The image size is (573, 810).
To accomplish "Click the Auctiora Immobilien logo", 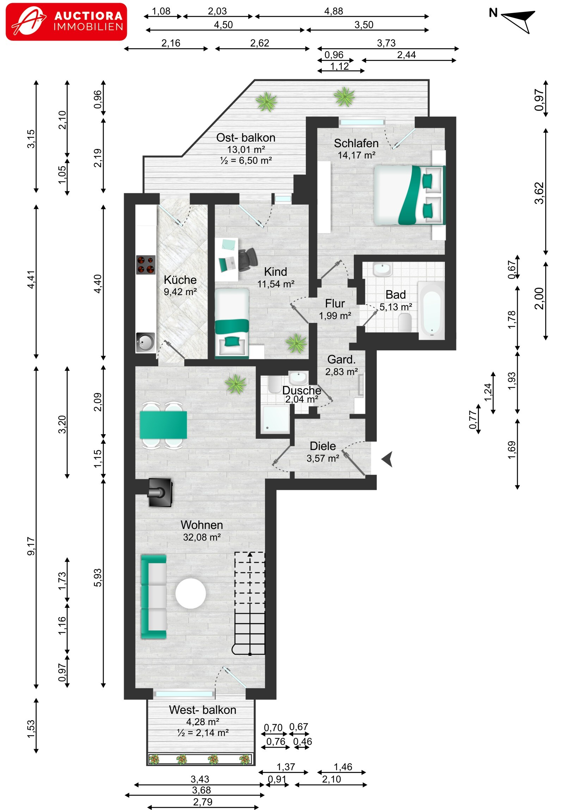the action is tap(66, 22).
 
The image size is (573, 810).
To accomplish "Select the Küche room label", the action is tap(180, 280).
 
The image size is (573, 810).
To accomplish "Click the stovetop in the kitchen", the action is tap(146, 264).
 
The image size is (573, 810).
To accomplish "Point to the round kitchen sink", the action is tap(146, 342).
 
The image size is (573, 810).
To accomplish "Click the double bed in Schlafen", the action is tap(409, 195).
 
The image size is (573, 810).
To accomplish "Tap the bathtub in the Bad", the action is tap(431, 310).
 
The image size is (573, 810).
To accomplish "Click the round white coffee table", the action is tap(191, 593).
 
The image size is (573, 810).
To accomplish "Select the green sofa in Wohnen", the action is tap(154, 597).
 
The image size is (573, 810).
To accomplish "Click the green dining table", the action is tap(163, 425).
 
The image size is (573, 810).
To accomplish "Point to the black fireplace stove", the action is tap(160, 492).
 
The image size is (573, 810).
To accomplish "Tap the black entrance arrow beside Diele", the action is tap(387, 459).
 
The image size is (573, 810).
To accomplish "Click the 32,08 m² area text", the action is tap(202, 537).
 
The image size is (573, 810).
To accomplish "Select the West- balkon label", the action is tap(203, 710).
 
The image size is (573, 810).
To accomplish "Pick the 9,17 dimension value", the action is tap(31, 546).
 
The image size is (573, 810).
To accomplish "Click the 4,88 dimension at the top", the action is tap(334, 11).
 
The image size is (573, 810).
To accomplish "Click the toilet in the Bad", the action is tap(405, 323).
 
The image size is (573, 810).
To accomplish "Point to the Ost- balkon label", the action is tap(246, 138).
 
